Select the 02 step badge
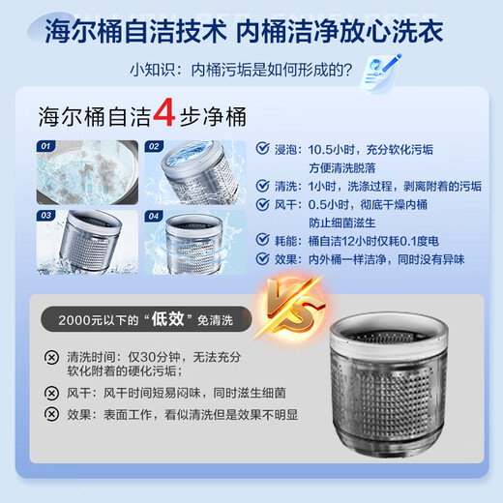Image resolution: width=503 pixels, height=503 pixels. (154, 147)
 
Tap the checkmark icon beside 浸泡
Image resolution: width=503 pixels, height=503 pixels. (264, 150)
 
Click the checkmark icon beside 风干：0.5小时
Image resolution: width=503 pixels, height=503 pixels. (264, 205)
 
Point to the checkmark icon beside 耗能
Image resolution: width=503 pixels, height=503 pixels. (264, 240)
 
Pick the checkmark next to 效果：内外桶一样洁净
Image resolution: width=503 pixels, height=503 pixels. (264, 259)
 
